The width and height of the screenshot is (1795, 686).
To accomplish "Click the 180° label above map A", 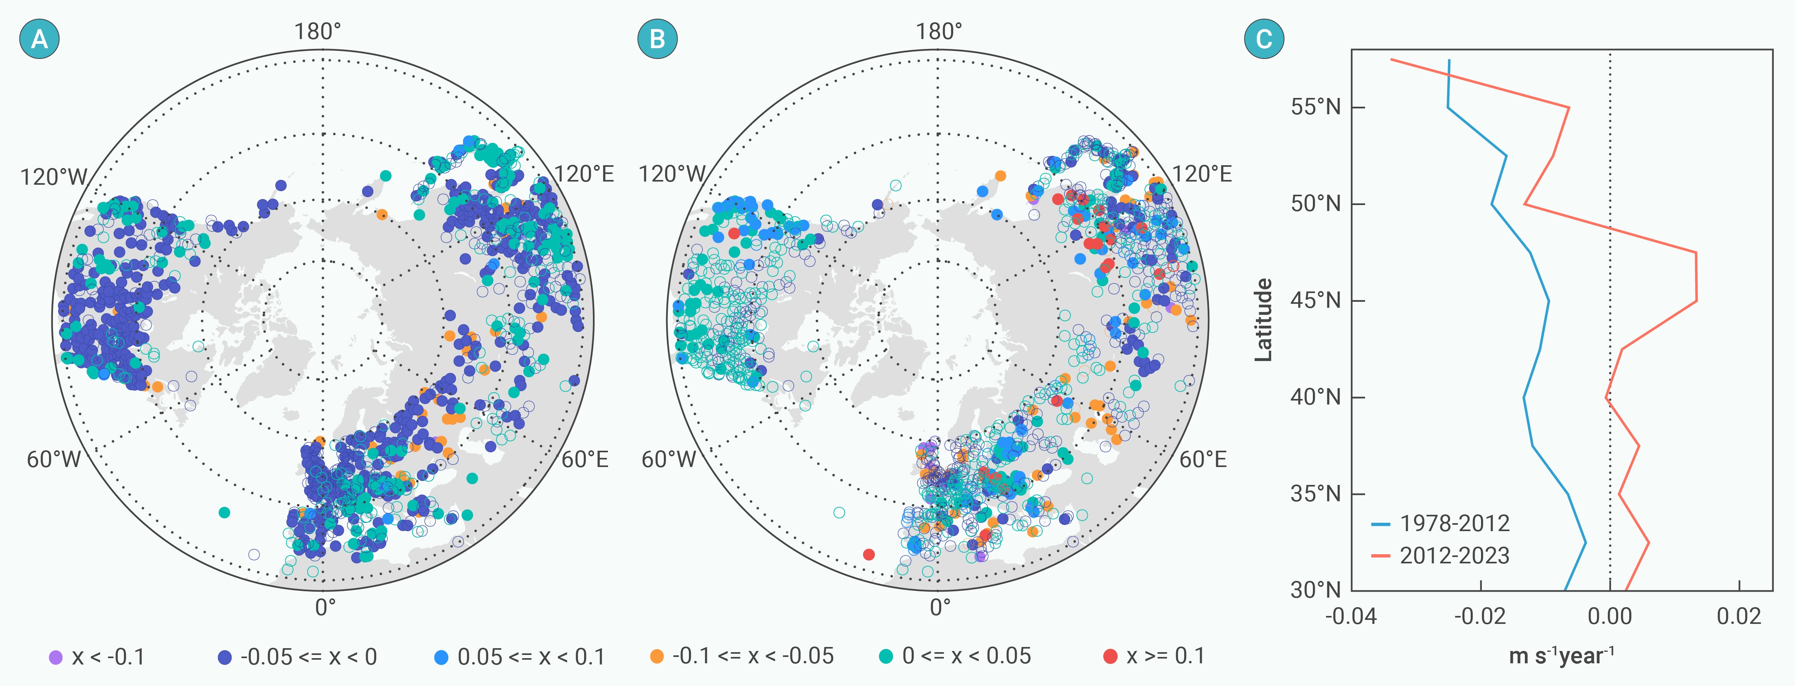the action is (318, 31).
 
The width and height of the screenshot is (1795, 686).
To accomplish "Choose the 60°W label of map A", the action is (54, 459).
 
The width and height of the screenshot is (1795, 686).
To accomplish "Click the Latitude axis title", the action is (1263, 320).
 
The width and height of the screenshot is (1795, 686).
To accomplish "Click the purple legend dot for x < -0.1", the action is (56, 657).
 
